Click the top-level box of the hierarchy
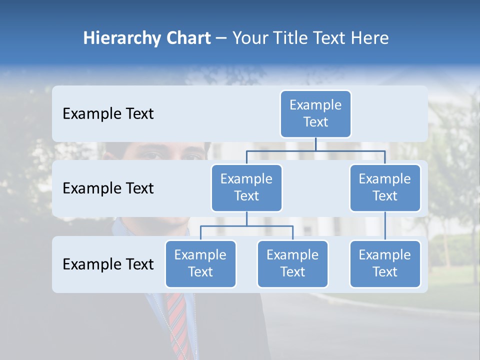(x=315, y=113)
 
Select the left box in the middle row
(x=246, y=187)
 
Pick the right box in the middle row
(x=385, y=187)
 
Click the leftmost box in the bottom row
(x=200, y=263)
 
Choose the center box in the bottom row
(x=292, y=263)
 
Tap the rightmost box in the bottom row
(x=385, y=263)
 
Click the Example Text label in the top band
(x=108, y=114)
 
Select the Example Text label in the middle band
(x=108, y=188)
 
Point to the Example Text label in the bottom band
(x=108, y=264)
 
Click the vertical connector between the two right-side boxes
(x=385, y=226)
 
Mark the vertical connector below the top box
(x=315, y=143)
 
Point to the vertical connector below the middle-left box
(x=246, y=218)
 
